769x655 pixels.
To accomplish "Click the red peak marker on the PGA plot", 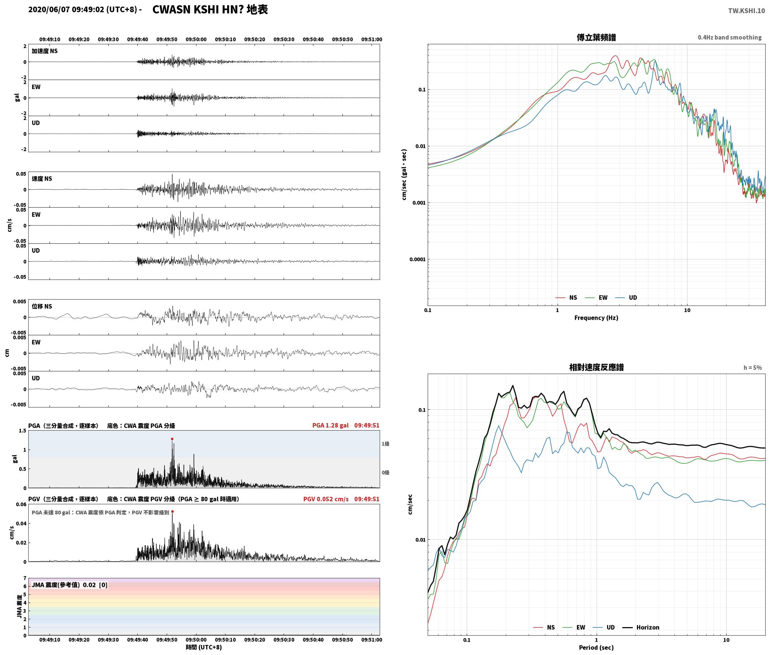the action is [x=172, y=439].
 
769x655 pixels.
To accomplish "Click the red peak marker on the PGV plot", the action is [x=172, y=511].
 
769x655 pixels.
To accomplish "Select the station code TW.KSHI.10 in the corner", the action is [x=746, y=11].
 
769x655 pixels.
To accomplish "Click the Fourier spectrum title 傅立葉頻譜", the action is [x=596, y=37].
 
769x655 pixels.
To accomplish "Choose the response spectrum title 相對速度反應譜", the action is [x=596, y=367].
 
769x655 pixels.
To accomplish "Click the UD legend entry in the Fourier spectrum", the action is [x=626, y=298].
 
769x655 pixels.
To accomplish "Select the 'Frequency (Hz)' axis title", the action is [x=596, y=318].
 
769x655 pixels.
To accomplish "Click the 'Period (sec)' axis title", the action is [x=596, y=648].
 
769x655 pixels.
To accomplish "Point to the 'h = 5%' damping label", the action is [x=753, y=368].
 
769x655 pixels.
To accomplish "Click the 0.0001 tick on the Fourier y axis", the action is [x=417, y=259].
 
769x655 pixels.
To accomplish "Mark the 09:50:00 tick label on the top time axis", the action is [x=196, y=39].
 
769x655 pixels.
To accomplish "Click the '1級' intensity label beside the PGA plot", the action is [x=385, y=444].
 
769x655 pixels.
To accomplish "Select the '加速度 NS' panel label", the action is [x=45, y=51].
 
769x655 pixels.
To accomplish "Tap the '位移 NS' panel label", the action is [x=42, y=306].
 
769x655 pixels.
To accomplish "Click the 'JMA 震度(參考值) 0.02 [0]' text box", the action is [x=70, y=585].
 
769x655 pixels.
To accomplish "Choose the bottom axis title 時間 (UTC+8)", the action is [x=204, y=647].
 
